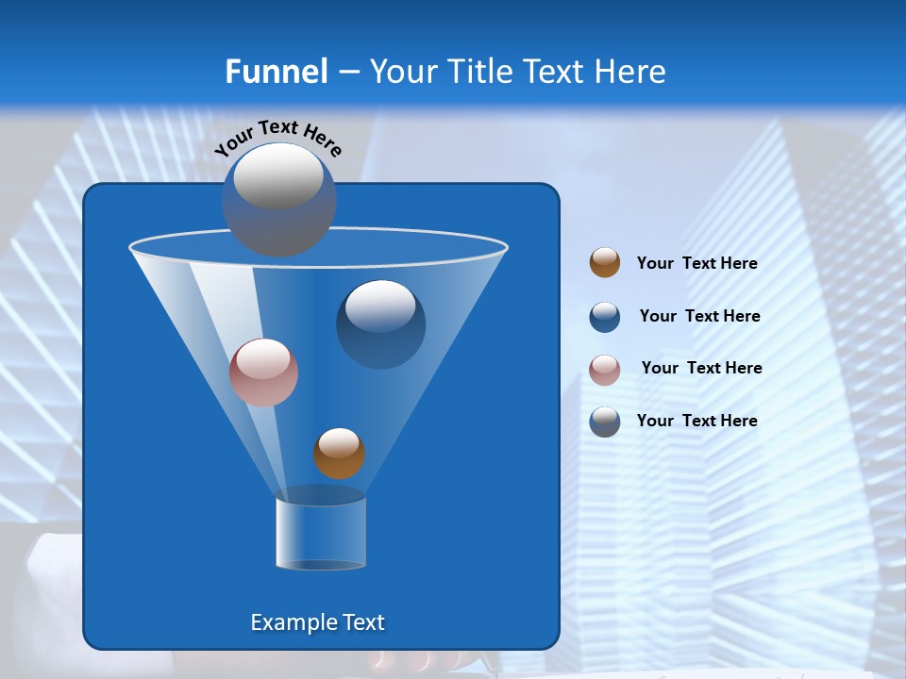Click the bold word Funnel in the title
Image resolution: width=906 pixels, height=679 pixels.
[x=276, y=72]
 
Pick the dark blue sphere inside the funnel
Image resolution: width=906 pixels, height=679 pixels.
[x=380, y=323]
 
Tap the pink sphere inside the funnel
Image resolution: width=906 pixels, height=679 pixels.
[x=263, y=373]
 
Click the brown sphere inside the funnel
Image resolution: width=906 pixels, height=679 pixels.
[x=339, y=454]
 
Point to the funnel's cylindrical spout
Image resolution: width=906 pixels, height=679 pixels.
[x=321, y=533]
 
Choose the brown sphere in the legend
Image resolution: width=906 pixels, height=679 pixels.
[x=605, y=263]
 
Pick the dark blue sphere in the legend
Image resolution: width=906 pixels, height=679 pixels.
[x=605, y=317]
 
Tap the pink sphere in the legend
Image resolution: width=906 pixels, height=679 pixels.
[x=605, y=370]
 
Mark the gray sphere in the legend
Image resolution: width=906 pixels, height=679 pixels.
[x=605, y=422]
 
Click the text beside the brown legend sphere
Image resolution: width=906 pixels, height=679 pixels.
[x=696, y=264]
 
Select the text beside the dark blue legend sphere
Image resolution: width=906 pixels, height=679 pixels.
[x=699, y=317]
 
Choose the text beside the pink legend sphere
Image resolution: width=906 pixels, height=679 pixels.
[x=701, y=369]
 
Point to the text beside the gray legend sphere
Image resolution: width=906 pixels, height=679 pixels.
[x=696, y=422]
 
